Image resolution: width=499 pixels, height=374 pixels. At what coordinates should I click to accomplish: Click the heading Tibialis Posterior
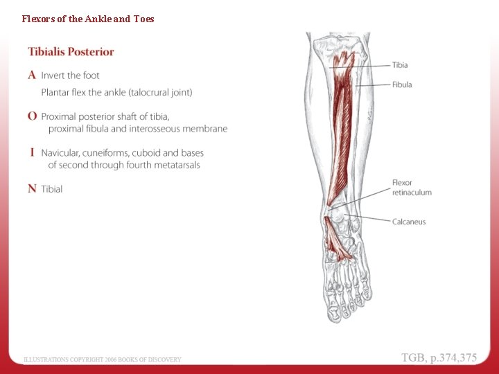pos(71,52)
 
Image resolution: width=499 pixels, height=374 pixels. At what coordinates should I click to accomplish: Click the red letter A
pos(33,75)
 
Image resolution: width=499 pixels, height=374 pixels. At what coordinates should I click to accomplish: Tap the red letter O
pos(33,116)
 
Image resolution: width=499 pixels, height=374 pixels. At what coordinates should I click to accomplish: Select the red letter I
pos(33,152)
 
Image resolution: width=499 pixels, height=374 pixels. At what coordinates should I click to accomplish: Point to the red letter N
pos(33,188)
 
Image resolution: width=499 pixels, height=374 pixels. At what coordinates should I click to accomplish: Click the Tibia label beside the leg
pos(400,65)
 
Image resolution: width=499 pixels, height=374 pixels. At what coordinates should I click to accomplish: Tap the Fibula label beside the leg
pos(402,84)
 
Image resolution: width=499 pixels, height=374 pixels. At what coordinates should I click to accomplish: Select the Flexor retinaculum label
pos(412,187)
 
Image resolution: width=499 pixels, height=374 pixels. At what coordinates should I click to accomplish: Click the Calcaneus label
pos(409,222)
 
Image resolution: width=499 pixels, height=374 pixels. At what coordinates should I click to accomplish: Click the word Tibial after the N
pos(52,189)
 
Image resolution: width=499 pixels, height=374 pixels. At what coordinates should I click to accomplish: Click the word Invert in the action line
pos(53,75)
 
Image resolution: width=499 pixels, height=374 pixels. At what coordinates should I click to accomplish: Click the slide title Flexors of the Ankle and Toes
pos(88,19)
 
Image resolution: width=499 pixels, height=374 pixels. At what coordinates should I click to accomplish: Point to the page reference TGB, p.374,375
pos(439,357)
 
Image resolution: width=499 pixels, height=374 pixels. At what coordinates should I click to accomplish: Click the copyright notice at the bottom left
pos(103,359)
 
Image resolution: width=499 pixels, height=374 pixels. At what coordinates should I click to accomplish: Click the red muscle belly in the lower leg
pos(343,132)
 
